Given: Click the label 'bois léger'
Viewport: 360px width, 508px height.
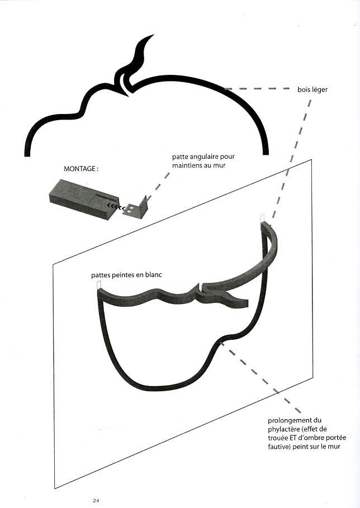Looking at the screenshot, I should pyautogui.click(x=312, y=89).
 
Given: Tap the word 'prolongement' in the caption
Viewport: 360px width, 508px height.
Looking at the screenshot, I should pyautogui.click(x=282, y=420).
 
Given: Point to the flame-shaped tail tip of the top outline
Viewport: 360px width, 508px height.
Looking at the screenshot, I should pyautogui.click(x=146, y=40).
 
